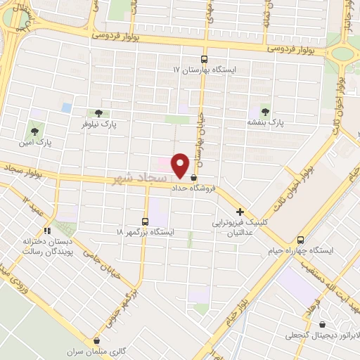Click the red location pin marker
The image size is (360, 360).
(181, 165)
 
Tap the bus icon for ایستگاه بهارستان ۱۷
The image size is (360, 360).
(204, 59)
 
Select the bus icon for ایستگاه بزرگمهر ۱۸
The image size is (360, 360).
(145, 220)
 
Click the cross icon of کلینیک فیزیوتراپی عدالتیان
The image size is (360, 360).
(240, 211)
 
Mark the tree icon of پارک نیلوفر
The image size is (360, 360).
(98, 112)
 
